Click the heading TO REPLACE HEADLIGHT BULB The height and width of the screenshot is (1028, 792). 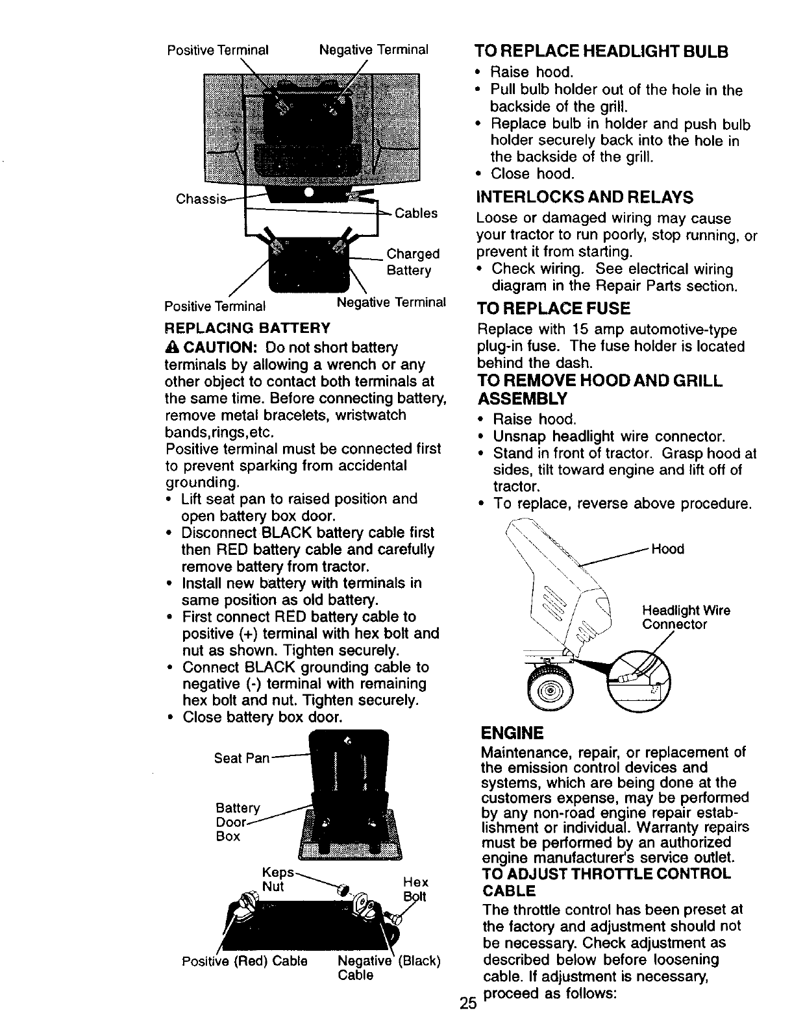click(x=601, y=51)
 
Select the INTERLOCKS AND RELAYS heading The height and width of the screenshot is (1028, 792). click(x=584, y=197)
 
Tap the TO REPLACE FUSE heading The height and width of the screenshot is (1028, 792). click(x=554, y=308)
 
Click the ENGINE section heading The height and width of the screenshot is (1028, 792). click(x=512, y=733)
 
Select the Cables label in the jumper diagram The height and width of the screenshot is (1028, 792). click(x=416, y=214)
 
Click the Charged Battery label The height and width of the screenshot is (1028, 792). click(x=413, y=262)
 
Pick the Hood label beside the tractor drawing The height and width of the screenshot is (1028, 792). click(x=667, y=549)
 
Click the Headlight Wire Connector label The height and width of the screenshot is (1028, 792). click(x=686, y=617)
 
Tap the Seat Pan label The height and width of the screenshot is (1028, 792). click(x=241, y=758)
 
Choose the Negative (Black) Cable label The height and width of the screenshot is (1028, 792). click(x=390, y=968)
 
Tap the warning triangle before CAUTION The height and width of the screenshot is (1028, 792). click(x=171, y=348)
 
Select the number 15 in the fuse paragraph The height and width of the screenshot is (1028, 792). click(x=581, y=330)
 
